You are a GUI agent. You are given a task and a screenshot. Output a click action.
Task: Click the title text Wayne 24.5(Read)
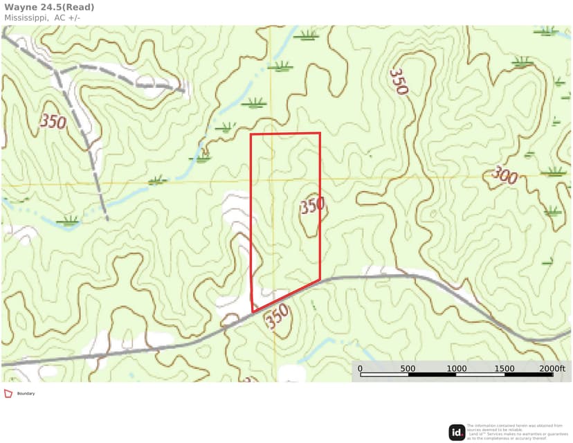click(x=50, y=8)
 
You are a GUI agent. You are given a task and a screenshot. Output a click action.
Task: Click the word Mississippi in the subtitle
click(x=25, y=17)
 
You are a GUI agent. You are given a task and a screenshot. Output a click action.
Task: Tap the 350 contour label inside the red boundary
click(x=312, y=206)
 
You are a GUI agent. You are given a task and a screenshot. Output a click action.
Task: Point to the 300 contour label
click(x=504, y=176)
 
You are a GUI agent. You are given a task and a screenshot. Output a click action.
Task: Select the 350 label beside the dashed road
click(x=53, y=123)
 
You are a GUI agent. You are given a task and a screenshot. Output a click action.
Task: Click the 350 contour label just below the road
click(x=277, y=318)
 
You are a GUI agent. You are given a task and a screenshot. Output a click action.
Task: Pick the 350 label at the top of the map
click(x=399, y=81)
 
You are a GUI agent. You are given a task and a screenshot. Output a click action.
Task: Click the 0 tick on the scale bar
click(x=361, y=369)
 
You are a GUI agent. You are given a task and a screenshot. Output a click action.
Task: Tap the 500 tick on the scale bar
click(x=408, y=369)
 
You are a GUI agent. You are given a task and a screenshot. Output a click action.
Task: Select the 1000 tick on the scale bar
click(x=456, y=369)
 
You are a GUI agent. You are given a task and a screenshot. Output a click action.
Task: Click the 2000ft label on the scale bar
click(x=552, y=369)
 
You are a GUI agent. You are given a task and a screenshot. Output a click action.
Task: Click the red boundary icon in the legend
click(x=8, y=393)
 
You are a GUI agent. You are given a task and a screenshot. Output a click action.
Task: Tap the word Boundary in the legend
click(x=26, y=394)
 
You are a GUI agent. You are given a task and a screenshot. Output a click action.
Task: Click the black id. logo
click(x=457, y=433)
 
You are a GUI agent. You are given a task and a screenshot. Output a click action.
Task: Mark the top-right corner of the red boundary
click(x=320, y=133)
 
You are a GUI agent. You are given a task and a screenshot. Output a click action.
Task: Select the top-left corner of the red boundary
click(x=251, y=134)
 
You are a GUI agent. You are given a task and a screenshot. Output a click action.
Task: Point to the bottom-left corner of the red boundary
click(x=252, y=311)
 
